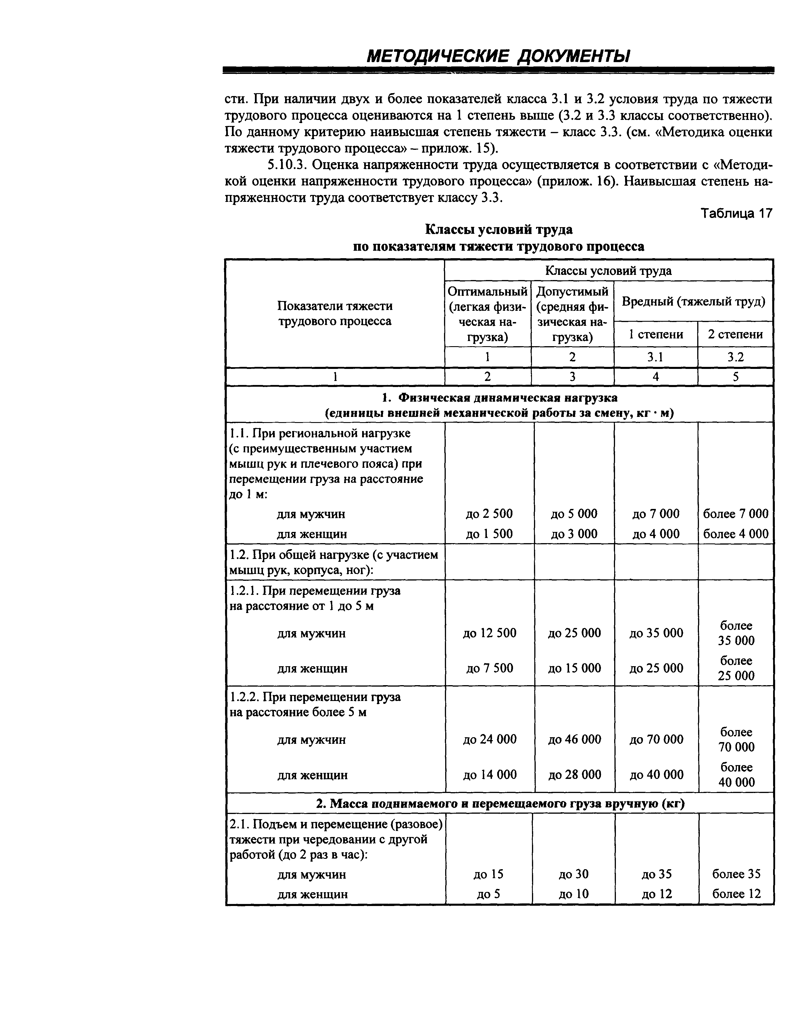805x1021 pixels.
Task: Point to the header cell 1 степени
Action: [x=656, y=334]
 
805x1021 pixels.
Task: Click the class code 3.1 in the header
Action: [x=655, y=357]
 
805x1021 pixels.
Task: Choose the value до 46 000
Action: [x=575, y=740]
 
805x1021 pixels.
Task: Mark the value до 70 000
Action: [x=656, y=740]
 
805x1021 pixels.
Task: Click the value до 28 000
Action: [x=575, y=775]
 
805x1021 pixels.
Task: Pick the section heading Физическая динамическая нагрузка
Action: [x=499, y=398]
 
